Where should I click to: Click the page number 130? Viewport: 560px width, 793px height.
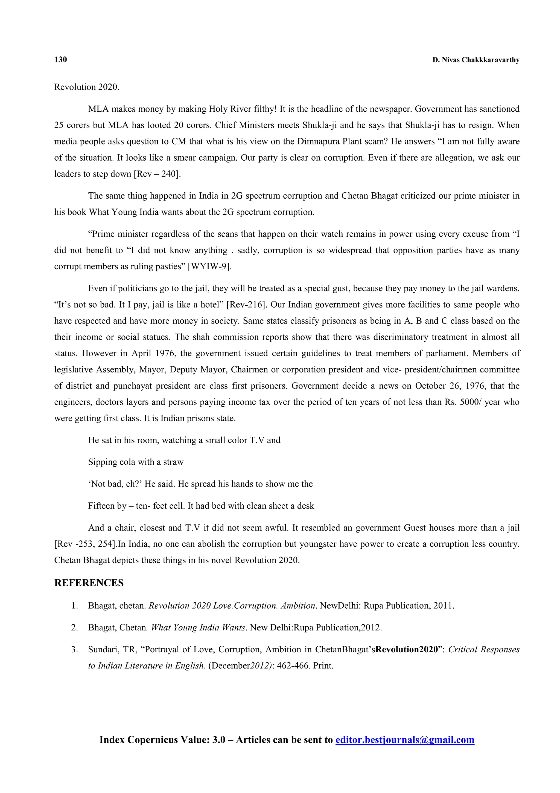[60, 59]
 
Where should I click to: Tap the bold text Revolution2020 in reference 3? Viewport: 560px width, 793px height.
[406, 649]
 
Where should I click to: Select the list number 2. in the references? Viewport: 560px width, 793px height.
[75, 627]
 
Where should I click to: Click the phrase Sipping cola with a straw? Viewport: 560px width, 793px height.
[136, 462]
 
